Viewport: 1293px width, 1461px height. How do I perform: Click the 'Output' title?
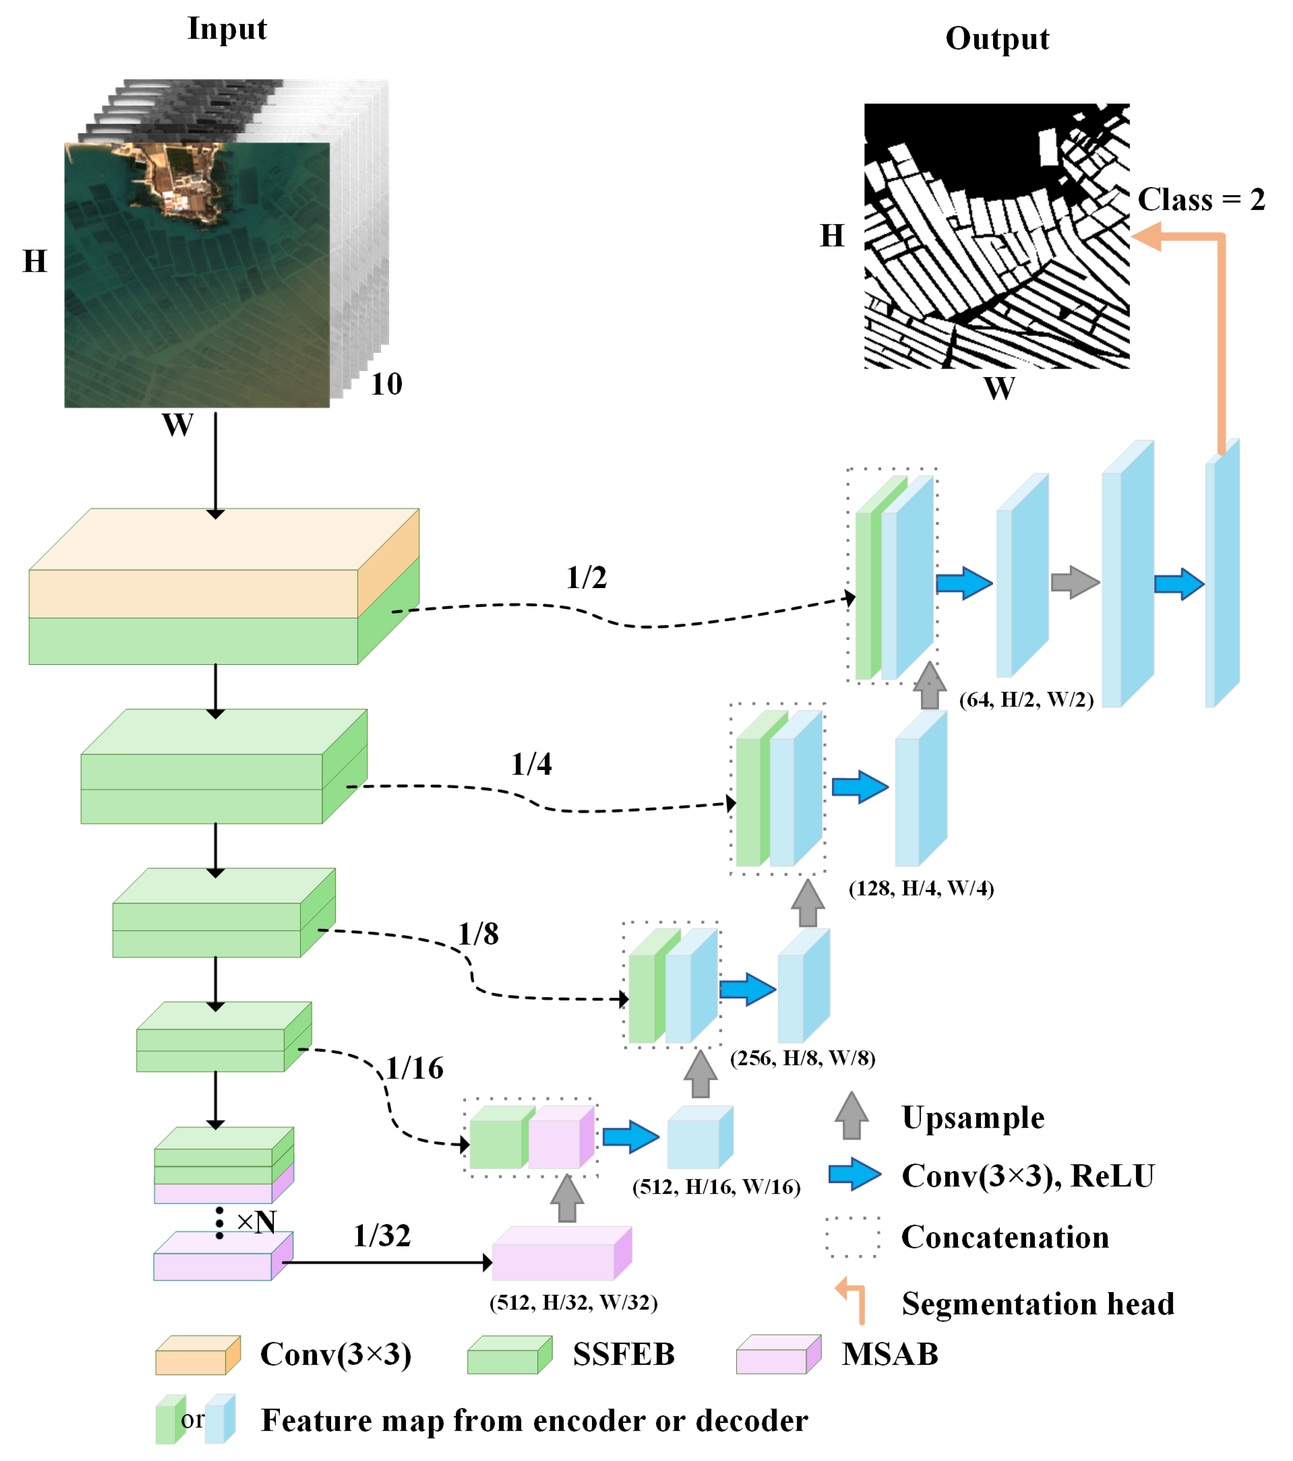997,39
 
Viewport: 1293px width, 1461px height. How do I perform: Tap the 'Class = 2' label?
1201,199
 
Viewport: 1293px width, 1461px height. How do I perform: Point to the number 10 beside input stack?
386,385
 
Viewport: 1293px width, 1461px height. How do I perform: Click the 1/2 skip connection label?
586,578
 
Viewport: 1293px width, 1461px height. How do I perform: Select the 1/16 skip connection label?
415,1068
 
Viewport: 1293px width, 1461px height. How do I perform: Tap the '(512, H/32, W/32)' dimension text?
573,1302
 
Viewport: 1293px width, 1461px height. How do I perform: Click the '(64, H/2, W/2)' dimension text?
1026,700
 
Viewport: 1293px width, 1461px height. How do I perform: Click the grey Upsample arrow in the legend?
851,1116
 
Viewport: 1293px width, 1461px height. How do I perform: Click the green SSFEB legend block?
509,1355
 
